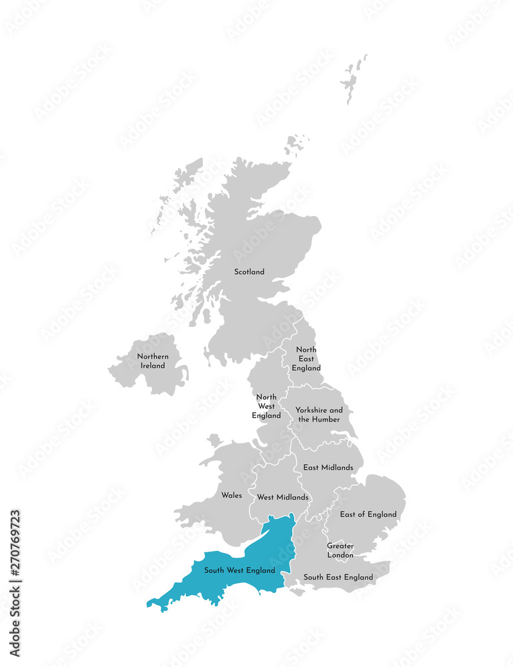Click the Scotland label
(x=249, y=271)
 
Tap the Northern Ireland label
(x=153, y=361)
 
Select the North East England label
(x=306, y=359)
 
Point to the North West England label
(x=266, y=406)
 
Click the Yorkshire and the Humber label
(x=319, y=414)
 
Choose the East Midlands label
(x=328, y=468)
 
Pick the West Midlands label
(x=283, y=497)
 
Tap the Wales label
(x=231, y=496)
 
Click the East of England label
(x=368, y=514)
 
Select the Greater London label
(x=340, y=550)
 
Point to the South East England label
(x=338, y=577)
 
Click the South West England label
(x=239, y=570)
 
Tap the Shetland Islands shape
(x=353, y=79)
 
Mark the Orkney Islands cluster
(x=296, y=144)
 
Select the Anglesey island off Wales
(x=213, y=441)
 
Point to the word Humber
(x=326, y=420)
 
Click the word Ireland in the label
(x=153, y=366)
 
